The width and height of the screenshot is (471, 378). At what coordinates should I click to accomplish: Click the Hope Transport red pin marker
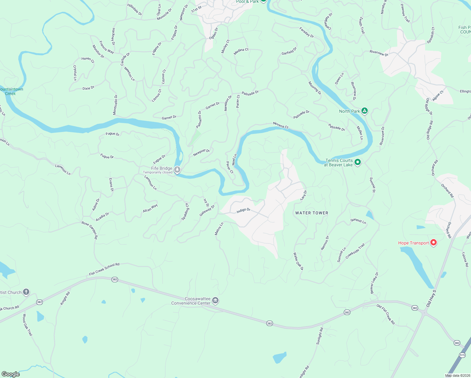434,243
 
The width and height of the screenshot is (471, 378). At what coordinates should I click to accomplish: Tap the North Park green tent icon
364,111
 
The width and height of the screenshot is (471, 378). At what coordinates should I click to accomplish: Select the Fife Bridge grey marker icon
177,170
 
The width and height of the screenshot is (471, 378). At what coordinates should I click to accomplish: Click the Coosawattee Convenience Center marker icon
215,301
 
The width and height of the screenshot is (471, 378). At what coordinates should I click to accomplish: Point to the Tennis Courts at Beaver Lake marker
357,162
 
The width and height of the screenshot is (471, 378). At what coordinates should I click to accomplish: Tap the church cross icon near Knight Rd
26,292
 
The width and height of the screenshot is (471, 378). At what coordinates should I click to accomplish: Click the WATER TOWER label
312,213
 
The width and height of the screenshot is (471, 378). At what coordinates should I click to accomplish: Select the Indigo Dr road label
243,210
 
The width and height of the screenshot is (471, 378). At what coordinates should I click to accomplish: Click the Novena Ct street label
281,125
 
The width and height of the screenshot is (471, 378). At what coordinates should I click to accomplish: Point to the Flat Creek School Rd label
104,269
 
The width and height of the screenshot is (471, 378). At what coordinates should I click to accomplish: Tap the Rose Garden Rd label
90,230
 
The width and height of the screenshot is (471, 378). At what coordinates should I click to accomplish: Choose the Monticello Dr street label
115,105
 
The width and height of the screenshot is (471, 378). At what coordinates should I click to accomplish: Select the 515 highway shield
462,355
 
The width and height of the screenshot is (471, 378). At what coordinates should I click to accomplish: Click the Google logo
10,374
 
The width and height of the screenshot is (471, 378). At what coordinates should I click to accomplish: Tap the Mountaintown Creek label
11,91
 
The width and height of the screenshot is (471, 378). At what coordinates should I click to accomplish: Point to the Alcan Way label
150,208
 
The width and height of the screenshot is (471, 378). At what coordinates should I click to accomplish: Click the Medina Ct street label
241,52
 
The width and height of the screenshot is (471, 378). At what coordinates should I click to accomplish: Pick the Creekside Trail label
355,251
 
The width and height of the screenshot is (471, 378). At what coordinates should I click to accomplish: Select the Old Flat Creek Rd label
386,314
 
